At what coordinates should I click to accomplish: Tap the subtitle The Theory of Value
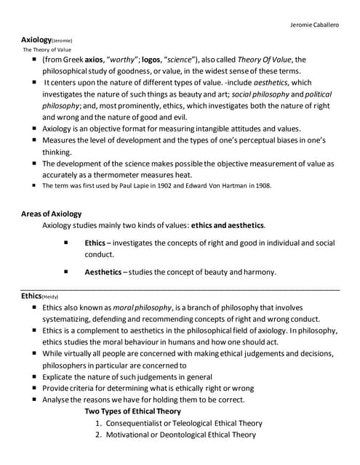tap(47, 49)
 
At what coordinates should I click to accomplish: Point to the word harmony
tap(257, 272)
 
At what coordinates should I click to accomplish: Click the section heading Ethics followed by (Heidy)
tap(31, 296)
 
